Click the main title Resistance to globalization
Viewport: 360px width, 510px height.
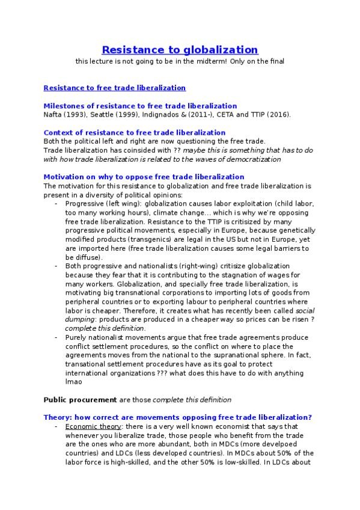(x=180, y=49)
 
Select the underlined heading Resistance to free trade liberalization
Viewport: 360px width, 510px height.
(x=115, y=88)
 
